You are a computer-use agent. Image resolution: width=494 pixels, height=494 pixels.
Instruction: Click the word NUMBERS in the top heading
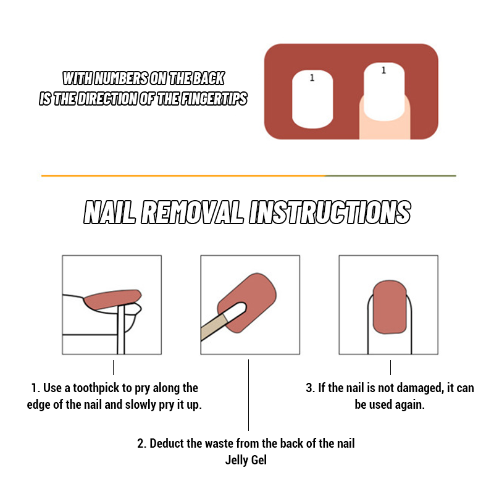point(120,78)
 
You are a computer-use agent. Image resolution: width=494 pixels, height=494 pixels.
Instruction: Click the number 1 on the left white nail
point(312,78)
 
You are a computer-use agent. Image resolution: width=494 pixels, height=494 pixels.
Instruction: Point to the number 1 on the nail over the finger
point(383,70)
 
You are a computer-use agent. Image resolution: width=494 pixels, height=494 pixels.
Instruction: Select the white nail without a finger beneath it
point(312,99)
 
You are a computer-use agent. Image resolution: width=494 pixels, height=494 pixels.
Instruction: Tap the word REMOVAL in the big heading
point(192,212)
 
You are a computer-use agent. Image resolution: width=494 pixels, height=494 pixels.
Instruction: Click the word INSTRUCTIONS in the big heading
point(330,212)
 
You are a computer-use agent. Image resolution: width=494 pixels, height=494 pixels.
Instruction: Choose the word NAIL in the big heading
point(109,212)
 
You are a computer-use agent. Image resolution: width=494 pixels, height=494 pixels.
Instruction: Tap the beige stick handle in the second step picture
point(213,328)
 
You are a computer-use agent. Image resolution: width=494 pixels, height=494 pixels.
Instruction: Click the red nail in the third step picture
point(390,307)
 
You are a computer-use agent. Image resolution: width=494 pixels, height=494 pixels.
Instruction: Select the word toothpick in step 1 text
point(99,388)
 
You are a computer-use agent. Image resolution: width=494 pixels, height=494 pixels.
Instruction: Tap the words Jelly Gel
point(246,460)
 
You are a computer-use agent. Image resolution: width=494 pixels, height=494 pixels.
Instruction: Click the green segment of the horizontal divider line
point(391,176)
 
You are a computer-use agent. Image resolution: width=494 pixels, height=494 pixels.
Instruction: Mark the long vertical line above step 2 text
point(249,395)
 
